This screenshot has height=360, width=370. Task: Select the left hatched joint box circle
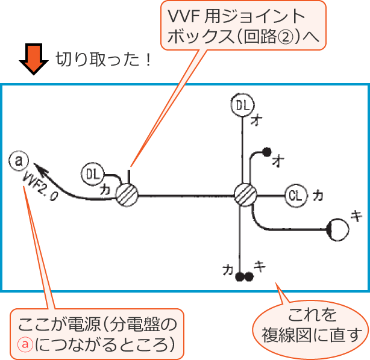[127, 194]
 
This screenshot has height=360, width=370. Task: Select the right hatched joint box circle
[245, 194]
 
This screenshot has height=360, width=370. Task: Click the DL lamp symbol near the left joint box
[92, 174]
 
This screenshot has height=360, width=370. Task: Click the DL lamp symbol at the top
[242, 105]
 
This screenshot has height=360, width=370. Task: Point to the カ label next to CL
[318, 195]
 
